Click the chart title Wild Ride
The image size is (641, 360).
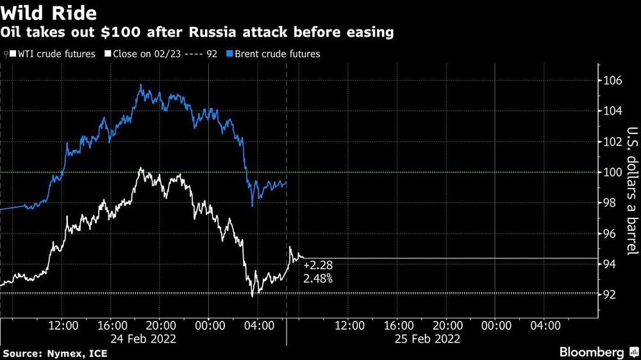coord(49,12)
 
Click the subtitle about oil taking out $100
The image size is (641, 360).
coord(197,32)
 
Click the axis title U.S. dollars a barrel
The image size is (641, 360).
coord(631,192)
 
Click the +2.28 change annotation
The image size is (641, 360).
coord(318,265)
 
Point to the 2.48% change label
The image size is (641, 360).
coord(318,279)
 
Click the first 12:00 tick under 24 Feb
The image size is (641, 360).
coord(64,325)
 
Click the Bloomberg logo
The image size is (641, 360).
coord(596,352)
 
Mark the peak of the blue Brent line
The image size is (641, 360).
coord(139,85)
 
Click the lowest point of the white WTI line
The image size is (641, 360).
coord(253,295)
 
